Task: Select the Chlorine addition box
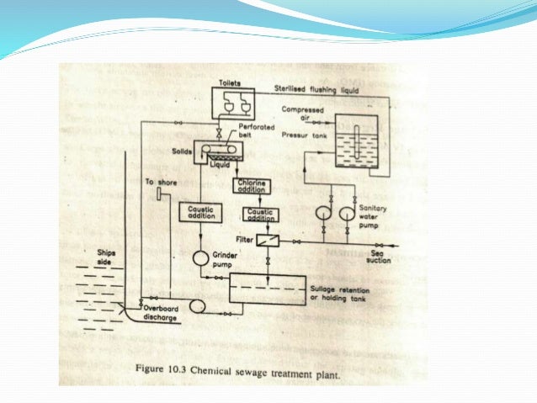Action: click(253, 187)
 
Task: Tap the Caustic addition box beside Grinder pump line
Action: click(200, 213)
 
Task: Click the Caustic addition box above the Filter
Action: click(259, 215)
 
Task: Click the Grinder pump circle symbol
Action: click(202, 257)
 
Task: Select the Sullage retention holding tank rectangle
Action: click(268, 287)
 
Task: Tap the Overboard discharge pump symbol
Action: click(198, 306)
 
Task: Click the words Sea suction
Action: click(380, 257)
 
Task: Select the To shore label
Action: click(158, 181)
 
